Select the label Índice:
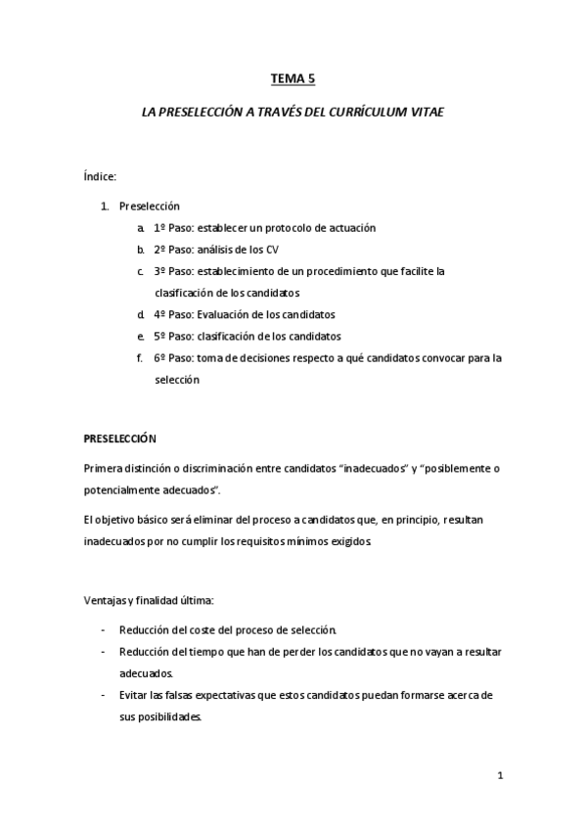tap(101, 176)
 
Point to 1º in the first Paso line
tap(159, 227)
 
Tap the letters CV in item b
tap(272, 250)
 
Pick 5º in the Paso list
tap(159, 336)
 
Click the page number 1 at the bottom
tap(500, 777)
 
